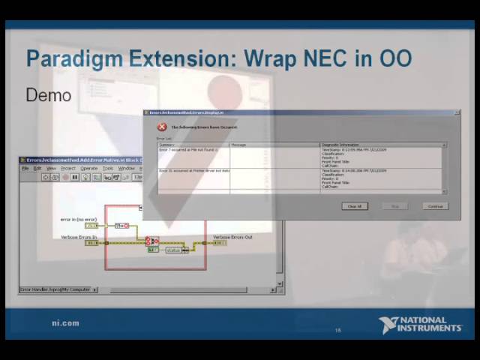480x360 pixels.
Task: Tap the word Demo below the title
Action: pyautogui.click(x=48, y=95)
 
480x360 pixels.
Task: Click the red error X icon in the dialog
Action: pyautogui.click(x=162, y=127)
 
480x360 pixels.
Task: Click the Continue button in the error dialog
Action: pyautogui.click(x=434, y=206)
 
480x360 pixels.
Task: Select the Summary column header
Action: pyautogui.click(x=167, y=145)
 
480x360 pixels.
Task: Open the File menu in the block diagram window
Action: pyautogui.click(x=25, y=168)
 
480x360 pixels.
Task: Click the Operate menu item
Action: pyautogui.click(x=89, y=168)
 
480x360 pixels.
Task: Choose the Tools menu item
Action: pyautogui.click(x=108, y=168)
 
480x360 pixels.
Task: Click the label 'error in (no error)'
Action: pyautogui.click(x=79, y=219)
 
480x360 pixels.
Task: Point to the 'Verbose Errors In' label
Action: pyautogui.click(x=79, y=237)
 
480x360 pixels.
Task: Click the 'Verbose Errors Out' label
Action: pyautogui.click(x=232, y=237)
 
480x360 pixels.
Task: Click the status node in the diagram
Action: pyautogui.click(x=175, y=250)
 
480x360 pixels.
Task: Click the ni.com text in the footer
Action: pyautogui.click(x=65, y=323)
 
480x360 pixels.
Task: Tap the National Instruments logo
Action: pyautogui.click(x=420, y=325)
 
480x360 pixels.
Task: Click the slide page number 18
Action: pyautogui.click(x=338, y=330)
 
